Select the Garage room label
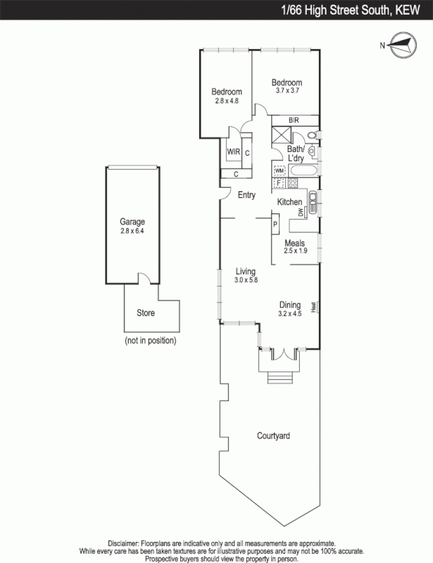point(132,221)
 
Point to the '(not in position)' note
point(150,341)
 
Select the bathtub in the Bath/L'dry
point(303,170)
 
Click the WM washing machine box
point(279,170)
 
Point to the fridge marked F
point(279,183)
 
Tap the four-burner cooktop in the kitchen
point(292,183)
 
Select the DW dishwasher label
point(301,212)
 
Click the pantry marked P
point(275,225)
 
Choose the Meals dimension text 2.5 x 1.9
point(295,251)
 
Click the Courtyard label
point(273,436)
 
